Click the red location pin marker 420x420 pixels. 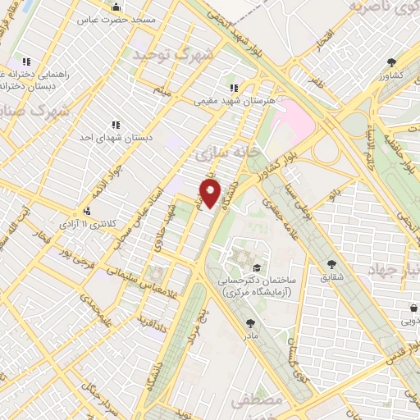211,194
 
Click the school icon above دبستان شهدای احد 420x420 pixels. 115,125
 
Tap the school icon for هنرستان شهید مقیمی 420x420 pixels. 234,88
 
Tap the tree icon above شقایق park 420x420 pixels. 331,264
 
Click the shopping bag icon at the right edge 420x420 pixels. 414,308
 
